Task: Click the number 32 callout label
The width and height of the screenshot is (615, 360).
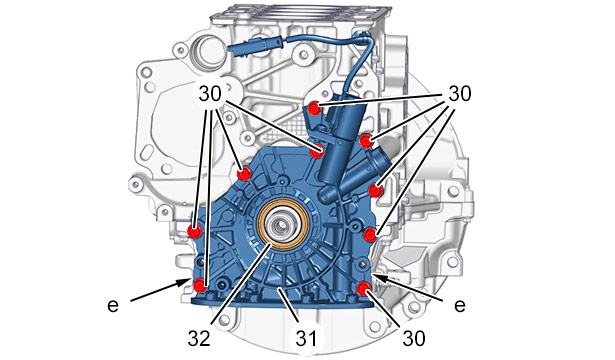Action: pyautogui.click(x=199, y=339)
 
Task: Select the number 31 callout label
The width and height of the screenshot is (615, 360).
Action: pyautogui.click(x=306, y=338)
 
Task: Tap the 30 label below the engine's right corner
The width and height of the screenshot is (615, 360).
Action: pyautogui.click(x=414, y=338)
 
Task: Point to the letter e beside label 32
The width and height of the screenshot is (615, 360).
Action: pyautogui.click(x=113, y=305)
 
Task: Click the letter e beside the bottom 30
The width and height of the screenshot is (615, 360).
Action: pyautogui.click(x=460, y=305)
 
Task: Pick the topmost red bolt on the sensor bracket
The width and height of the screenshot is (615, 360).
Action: pyautogui.click(x=314, y=108)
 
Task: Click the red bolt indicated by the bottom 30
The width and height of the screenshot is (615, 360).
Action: pyautogui.click(x=364, y=289)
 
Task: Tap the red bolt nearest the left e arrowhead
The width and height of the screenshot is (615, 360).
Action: pyautogui.click(x=200, y=285)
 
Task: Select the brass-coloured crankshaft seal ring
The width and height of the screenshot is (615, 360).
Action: pyautogui.click(x=282, y=226)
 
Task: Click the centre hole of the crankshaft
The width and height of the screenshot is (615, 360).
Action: pyautogui.click(x=282, y=225)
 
